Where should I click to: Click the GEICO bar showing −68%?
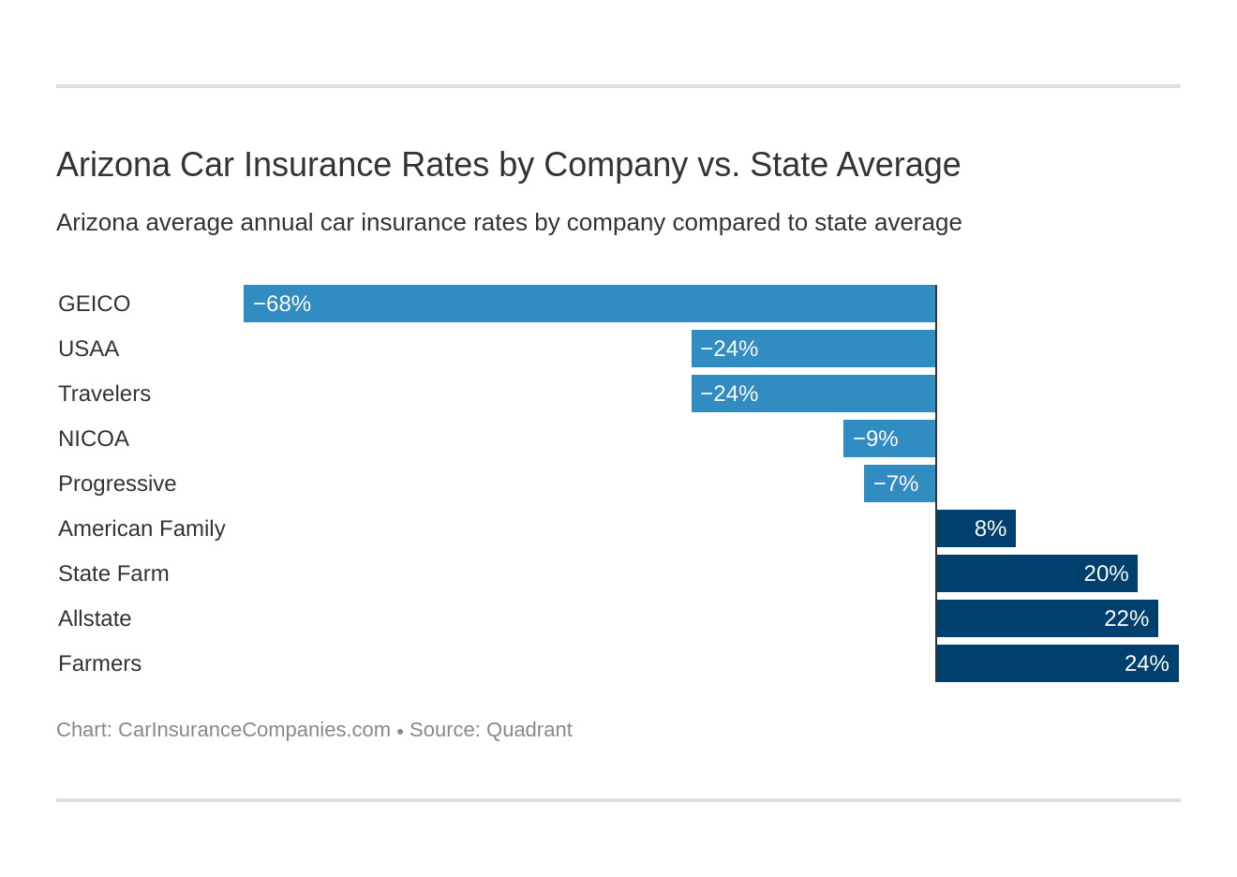point(589,304)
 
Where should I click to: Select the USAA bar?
point(813,349)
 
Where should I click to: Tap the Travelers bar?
point(813,394)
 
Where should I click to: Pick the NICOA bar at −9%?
point(889,438)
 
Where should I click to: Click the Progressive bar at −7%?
point(900,483)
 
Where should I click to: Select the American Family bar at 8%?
point(976,528)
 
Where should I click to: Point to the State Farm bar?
point(1036,573)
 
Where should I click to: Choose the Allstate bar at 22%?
point(1047,618)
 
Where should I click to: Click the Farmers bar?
point(1057,663)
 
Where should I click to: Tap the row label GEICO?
point(94,304)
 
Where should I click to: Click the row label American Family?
point(142,528)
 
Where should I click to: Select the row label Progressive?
point(117,483)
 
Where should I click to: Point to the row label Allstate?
point(95,618)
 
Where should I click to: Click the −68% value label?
point(282,304)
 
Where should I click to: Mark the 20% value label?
point(1106,573)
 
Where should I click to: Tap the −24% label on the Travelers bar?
point(729,394)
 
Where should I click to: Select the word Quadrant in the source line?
point(529,730)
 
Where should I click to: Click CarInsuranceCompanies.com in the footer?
point(254,730)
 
